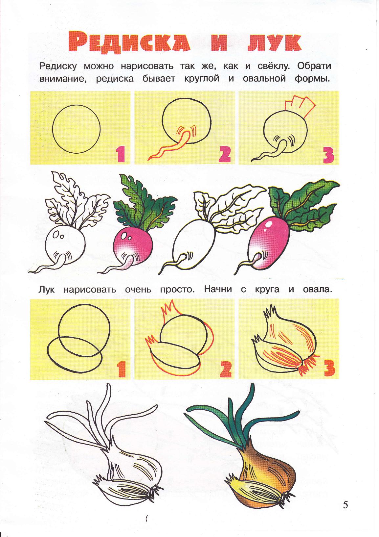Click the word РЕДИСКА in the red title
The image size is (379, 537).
click(x=129, y=43)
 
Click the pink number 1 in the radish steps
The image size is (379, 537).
click(x=120, y=155)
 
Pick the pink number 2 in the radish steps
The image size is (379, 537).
click(x=224, y=155)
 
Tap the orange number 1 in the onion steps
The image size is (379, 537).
click(x=121, y=369)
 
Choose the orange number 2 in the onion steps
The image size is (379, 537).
click(x=225, y=369)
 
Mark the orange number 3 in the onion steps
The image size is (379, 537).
click(x=329, y=369)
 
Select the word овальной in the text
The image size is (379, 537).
click(x=264, y=79)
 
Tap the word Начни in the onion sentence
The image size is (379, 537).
click(x=218, y=289)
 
